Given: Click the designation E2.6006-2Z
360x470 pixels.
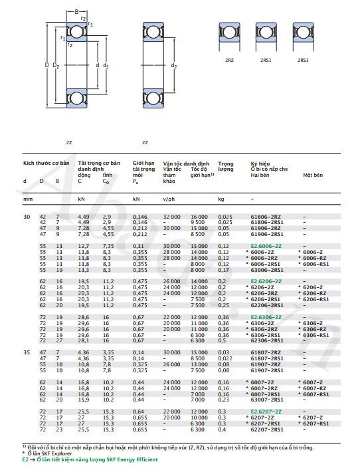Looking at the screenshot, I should pyautogui.click(x=265, y=245).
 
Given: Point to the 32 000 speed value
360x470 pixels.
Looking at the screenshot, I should pyautogui.click(x=171, y=217).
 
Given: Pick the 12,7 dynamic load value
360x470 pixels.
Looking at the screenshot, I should pyautogui.click(x=84, y=245).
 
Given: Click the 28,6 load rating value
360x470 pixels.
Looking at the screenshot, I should pyautogui.click(x=84, y=317).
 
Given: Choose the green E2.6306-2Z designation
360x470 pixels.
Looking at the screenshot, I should pyautogui.click(x=265, y=317).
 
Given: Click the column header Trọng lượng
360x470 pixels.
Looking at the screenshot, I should pyautogui.click(x=226, y=166).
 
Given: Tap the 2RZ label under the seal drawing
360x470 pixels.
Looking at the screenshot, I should pyautogui.click(x=229, y=60).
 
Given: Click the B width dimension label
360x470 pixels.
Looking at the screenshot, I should pyautogui.click(x=76, y=12).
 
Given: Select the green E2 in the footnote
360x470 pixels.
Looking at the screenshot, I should pyautogui.click(x=25, y=459).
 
